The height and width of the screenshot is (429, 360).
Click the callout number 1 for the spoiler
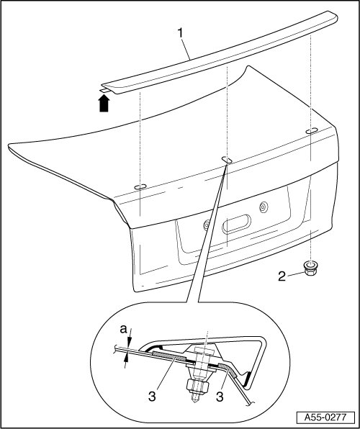[x=180, y=33]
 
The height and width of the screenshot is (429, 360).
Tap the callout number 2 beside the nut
[x=282, y=276]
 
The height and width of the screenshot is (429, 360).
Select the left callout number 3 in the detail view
[x=152, y=396]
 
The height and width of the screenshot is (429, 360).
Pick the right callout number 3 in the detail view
[x=220, y=396]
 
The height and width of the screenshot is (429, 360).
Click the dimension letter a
[x=124, y=330]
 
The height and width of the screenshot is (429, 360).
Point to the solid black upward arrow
[x=104, y=103]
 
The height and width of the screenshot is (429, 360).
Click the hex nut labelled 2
[x=310, y=268]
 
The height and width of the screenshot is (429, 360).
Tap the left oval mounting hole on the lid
[x=140, y=187]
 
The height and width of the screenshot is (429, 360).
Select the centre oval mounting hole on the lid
[x=227, y=160]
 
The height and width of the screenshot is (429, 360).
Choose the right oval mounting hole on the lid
[x=312, y=131]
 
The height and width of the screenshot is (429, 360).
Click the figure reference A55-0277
[x=325, y=417]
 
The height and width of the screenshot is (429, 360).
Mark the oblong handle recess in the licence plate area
[x=237, y=224]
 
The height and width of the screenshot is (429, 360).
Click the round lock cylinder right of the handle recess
[x=264, y=207]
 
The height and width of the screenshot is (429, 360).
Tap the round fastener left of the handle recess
[x=207, y=225]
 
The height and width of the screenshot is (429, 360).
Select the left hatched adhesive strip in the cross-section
[x=170, y=356]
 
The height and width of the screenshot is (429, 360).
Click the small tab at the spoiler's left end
[x=104, y=90]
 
